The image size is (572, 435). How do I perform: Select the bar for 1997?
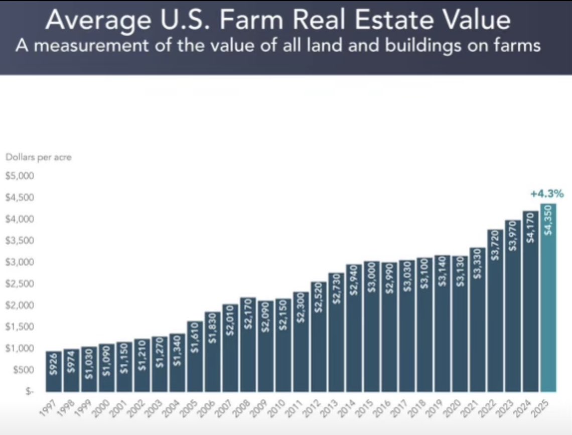click(x=54, y=373)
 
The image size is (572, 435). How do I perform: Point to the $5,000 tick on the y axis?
click(x=19, y=176)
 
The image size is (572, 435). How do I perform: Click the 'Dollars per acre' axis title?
click(x=39, y=157)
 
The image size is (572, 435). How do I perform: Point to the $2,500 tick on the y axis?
click(x=19, y=284)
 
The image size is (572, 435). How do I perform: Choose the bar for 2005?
click(x=195, y=358)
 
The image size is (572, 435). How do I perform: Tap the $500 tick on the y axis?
click(x=22, y=370)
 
